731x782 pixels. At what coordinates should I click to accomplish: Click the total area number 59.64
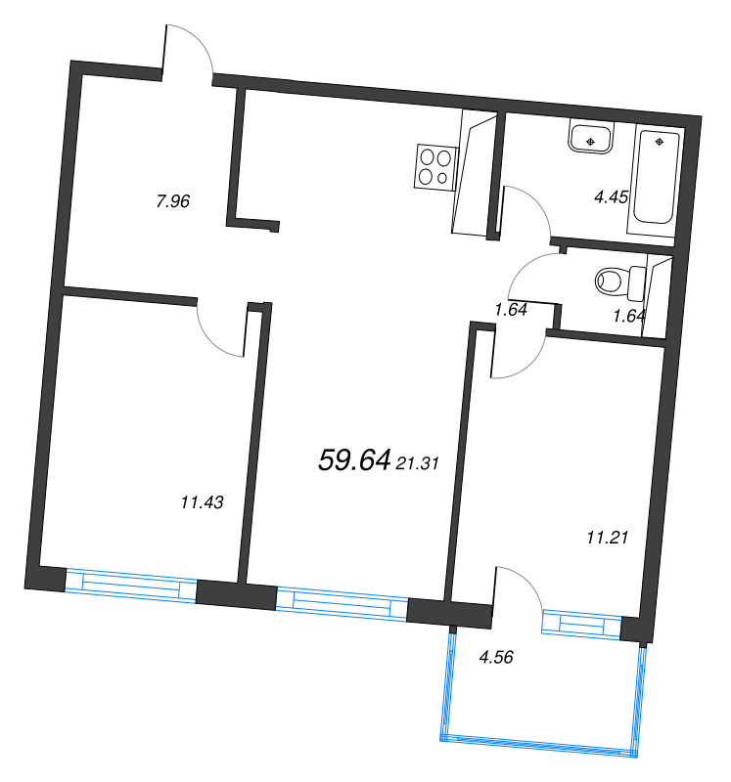coord(354,460)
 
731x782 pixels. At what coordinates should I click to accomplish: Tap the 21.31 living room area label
coord(416,465)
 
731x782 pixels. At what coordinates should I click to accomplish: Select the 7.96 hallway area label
coord(172,202)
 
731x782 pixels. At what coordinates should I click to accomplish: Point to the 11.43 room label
coord(203,502)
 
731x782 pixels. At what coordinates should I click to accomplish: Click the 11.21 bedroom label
coord(606,536)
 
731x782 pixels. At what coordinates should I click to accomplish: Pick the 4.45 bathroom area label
coord(611,196)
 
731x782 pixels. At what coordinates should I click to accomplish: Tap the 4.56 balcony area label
coord(496,657)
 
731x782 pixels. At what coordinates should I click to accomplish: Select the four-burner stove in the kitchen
coord(435,165)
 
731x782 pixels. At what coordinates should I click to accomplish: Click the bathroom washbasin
coord(590,140)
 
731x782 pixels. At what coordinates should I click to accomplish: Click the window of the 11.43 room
coord(131,585)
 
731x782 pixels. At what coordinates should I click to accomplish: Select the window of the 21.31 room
coord(341,600)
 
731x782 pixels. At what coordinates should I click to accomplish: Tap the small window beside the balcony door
coord(581,623)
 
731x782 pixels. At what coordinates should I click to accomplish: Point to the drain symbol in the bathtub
coord(660,143)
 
